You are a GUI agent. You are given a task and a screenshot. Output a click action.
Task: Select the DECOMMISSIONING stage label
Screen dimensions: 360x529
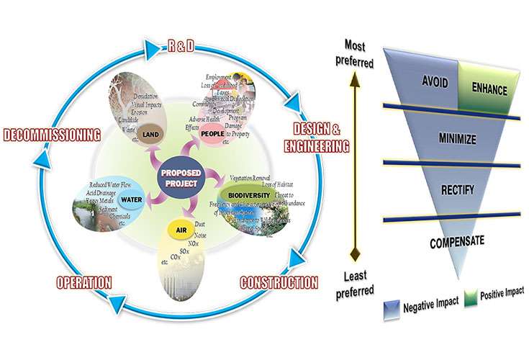[50, 133]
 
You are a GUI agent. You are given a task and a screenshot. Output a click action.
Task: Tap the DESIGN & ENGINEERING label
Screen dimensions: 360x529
[321, 138]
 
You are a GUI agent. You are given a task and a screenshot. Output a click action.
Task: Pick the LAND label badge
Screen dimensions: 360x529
[150, 134]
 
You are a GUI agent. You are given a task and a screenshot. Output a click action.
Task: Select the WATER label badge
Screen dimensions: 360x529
[131, 199]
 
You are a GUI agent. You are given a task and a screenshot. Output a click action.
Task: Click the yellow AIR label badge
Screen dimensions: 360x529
[181, 230]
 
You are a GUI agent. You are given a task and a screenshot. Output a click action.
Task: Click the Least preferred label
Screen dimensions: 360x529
[355, 284]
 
